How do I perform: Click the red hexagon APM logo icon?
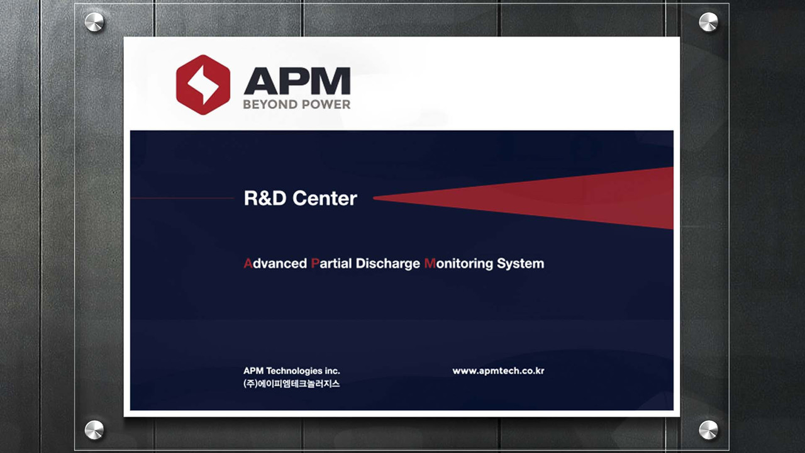pyautogui.click(x=203, y=85)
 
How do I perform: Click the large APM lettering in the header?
pyautogui.click(x=297, y=81)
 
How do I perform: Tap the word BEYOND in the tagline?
pyautogui.click(x=270, y=104)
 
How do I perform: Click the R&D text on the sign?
pyautogui.click(x=265, y=198)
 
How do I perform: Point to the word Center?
pyautogui.click(x=325, y=198)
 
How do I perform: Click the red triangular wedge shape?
pyautogui.click(x=523, y=198)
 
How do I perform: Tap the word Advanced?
pyautogui.click(x=275, y=264)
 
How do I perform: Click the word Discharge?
pyautogui.click(x=388, y=264)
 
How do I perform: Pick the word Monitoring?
pyautogui.click(x=458, y=264)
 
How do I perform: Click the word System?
pyautogui.click(x=521, y=264)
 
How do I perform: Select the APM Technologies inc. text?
pyautogui.click(x=291, y=371)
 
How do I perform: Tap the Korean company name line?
pyautogui.click(x=291, y=384)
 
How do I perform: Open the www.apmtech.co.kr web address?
pyautogui.click(x=499, y=371)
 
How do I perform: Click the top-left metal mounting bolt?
pyautogui.click(x=94, y=22)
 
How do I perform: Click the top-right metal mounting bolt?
pyautogui.click(x=708, y=22)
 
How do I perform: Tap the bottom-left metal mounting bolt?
pyautogui.click(x=94, y=430)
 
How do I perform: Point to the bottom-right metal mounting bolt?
pyautogui.click(x=708, y=430)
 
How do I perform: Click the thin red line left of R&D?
pyautogui.click(x=182, y=198)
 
